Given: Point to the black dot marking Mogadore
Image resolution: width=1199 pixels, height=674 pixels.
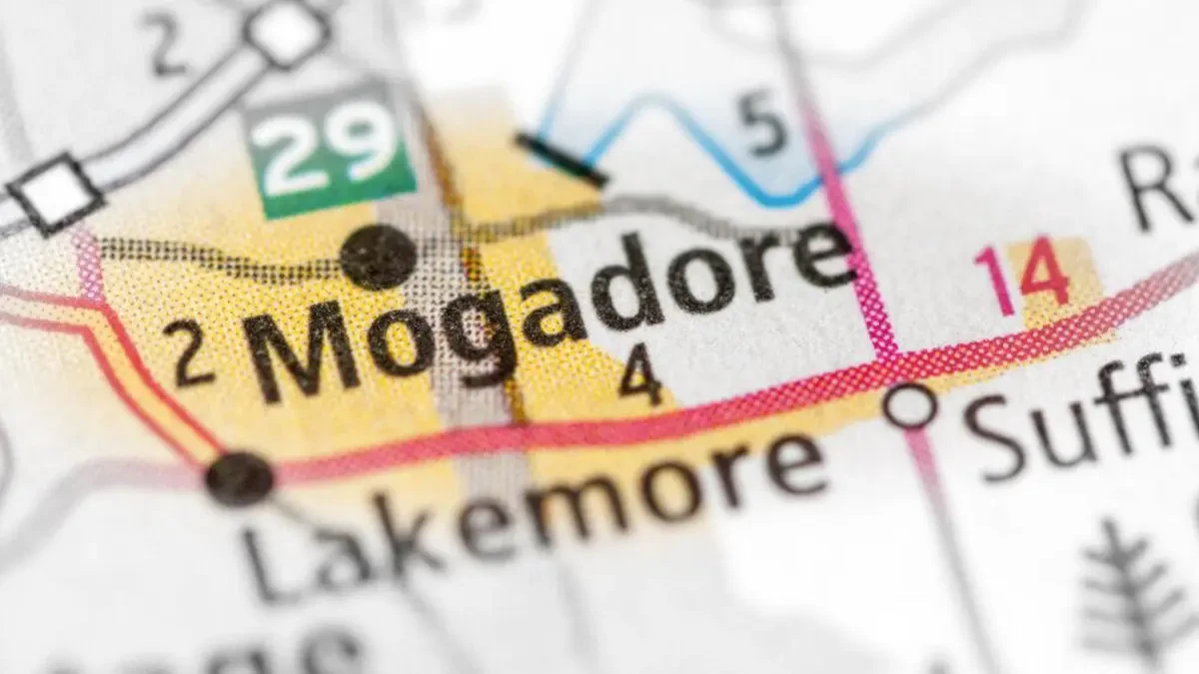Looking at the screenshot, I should pyautogui.click(x=378, y=257).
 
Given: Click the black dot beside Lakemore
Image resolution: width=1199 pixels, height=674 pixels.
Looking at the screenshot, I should pyautogui.click(x=239, y=478).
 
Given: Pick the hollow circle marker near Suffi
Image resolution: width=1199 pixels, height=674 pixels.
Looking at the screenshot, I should pyautogui.click(x=911, y=406).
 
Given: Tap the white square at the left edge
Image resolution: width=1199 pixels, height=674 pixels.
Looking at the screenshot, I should pyautogui.click(x=54, y=194).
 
